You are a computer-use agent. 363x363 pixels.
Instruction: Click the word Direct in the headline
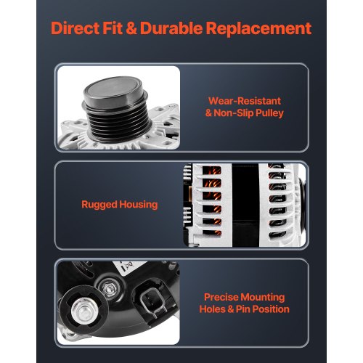point(75,28)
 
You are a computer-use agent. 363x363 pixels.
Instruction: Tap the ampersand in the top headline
point(131,28)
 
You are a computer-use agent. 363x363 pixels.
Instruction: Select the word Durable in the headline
point(171,28)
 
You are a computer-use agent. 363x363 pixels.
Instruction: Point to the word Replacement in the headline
point(258,29)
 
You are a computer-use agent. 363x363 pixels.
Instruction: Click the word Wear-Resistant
point(245,101)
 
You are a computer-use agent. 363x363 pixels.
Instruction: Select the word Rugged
point(99,205)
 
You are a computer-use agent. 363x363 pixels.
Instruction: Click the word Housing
point(139,205)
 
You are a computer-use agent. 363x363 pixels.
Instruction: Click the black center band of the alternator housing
point(245,205)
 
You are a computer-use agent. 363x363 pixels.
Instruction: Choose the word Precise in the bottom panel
point(221,297)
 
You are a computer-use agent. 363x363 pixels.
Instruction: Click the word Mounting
point(263,298)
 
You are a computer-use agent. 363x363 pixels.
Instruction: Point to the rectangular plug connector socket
point(150,300)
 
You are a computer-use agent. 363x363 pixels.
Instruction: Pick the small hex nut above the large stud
point(109,288)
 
